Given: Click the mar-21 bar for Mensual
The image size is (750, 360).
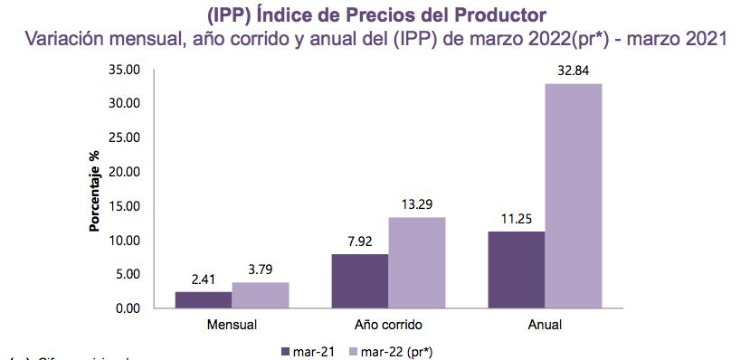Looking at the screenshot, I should (203, 299).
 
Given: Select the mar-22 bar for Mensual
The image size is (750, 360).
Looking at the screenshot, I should (260, 295).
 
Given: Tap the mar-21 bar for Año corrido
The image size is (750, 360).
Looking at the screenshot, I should (360, 280).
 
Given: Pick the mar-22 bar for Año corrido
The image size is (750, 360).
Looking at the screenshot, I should (417, 262).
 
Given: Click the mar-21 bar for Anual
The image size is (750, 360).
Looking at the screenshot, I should (517, 270).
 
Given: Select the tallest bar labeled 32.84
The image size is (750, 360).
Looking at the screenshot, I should (574, 195).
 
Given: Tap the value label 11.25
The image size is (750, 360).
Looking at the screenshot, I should (517, 218).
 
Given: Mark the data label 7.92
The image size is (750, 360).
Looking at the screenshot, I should (360, 241).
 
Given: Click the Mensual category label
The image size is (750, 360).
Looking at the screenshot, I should (232, 324).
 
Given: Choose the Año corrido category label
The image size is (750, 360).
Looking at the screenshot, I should (388, 324).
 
